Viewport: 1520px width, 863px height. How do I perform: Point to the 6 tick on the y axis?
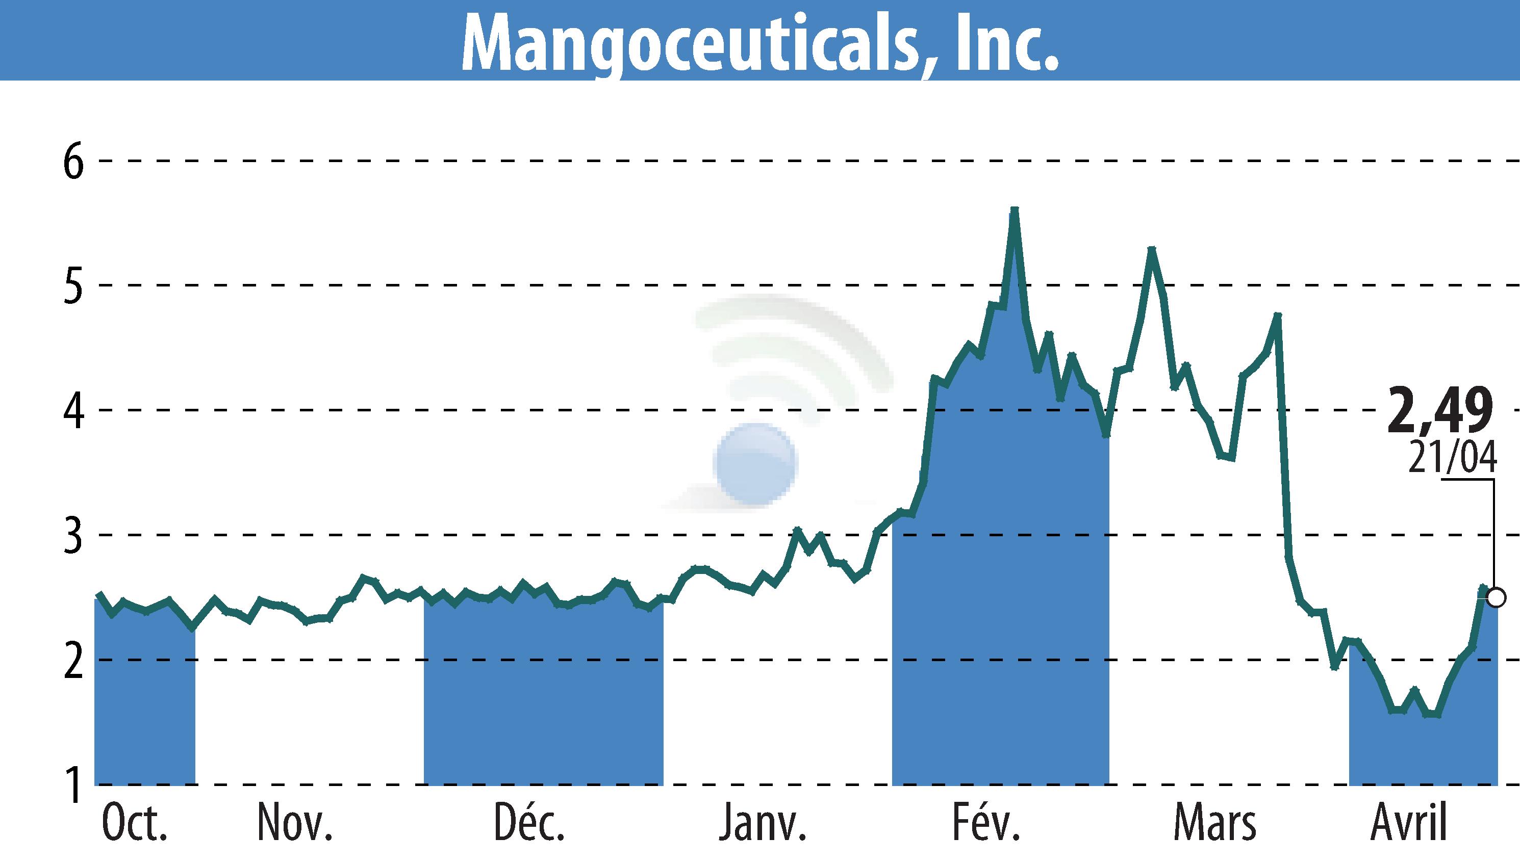tap(73, 161)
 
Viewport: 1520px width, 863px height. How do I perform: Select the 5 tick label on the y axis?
tap(73, 285)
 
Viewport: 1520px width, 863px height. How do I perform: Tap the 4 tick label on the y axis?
tap(73, 410)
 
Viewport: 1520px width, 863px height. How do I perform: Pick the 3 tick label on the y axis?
tap(73, 535)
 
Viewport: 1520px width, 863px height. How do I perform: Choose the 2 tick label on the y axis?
tap(73, 660)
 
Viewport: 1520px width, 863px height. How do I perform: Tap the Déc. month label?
tap(529, 823)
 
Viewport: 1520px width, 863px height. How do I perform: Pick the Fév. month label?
tap(986, 823)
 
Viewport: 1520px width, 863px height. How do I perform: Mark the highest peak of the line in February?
tap(1014, 210)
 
